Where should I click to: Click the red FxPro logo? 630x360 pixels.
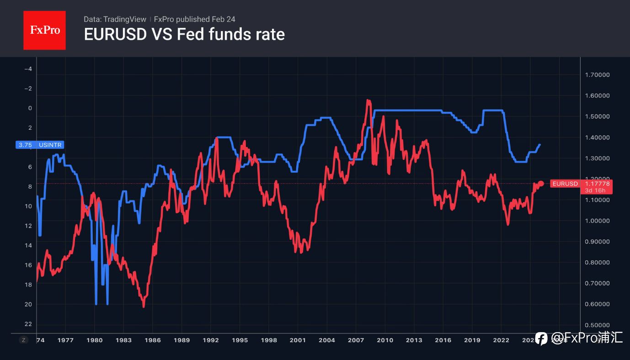click(x=44, y=30)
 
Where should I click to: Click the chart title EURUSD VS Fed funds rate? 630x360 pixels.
click(x=184, y=34)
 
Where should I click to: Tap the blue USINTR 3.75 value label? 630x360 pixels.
click(x=39, y=145)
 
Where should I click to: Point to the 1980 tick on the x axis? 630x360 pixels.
click(x=95, y=340)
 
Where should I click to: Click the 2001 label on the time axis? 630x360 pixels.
click(x=298, y=340)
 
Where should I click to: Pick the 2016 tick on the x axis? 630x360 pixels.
click(x=443, y=340)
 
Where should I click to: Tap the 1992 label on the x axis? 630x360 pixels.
click(x=211, y=340)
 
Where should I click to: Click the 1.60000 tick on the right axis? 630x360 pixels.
click(x=597, y=95)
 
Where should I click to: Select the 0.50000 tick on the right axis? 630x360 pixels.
click(x=597, y=325)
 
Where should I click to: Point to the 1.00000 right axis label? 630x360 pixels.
click(x=597, y=221)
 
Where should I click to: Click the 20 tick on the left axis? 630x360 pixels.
click(x=28, y=304)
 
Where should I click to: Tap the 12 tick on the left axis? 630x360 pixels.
click(x=28, y=226)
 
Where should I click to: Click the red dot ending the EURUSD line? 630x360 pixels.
click(x=541, y=183)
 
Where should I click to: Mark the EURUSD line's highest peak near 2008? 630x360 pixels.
click(x=368, y=100)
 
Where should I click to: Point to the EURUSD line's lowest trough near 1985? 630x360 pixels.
click(x=144, y=307)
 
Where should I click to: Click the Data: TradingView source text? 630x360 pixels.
click(x=115, y=19)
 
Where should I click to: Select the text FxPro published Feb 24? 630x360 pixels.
click(x=195, y=19)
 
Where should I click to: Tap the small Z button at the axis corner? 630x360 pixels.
click(x=24, y=340)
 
